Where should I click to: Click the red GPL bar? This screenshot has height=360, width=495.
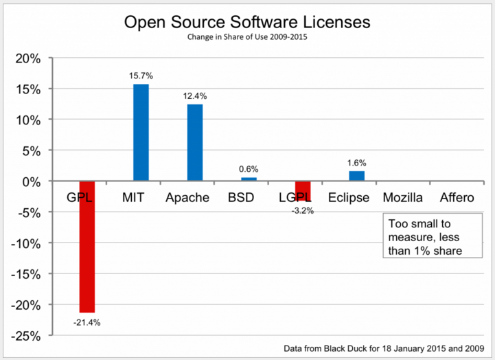[x=87, y=247]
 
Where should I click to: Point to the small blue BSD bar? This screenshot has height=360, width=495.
[x=249, y=179]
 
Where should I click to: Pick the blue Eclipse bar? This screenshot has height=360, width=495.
[x=356, y=177]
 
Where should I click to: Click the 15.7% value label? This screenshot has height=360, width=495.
[x=140, y=76]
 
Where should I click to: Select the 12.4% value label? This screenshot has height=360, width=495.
[x=195, y=97]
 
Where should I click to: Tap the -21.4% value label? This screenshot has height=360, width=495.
[x=88, y=322]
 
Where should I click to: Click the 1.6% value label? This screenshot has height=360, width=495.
[x=356, y=163]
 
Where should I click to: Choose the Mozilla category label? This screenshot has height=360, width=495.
[x=403, y=198]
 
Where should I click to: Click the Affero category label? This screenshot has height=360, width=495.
[x=457, y=198]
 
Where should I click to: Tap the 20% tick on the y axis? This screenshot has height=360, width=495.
[x=29, y=58]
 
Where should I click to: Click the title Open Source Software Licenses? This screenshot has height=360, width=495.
[x=247, y=22]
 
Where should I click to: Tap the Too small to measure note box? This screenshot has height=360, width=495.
[x=426, y=237]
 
